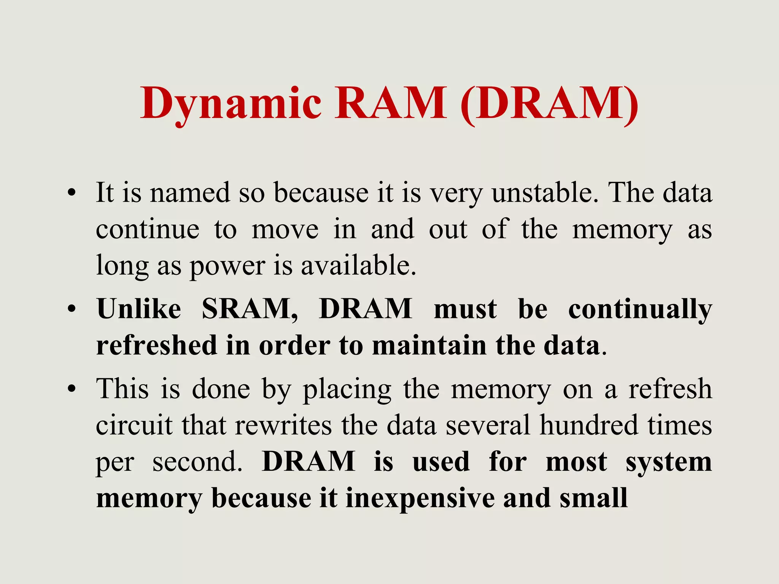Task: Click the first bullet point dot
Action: point(71,193)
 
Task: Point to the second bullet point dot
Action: point(71,309)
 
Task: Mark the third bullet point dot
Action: point(71,389)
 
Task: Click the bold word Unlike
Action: point(139,309)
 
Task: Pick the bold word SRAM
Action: point(250,309)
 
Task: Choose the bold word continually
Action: point(640,309)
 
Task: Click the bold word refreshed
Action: point(156,345)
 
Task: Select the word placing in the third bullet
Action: point(347,389)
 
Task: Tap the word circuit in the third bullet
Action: point(134,425)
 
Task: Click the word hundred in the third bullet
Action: point(588,425)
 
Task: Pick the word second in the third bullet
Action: point(197,462)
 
